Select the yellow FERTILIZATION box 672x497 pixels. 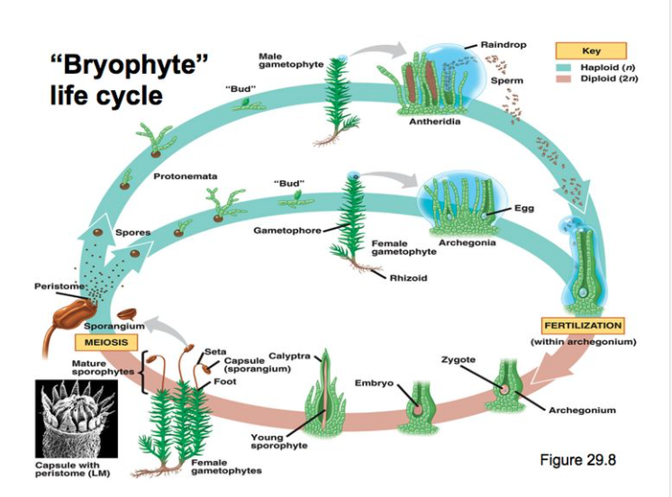click(583, 325)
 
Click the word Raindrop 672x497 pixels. click(504, 44)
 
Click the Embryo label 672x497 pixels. click(372, 384)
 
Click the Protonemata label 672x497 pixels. click(186, 175)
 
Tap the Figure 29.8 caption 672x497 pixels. click(577, 460)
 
